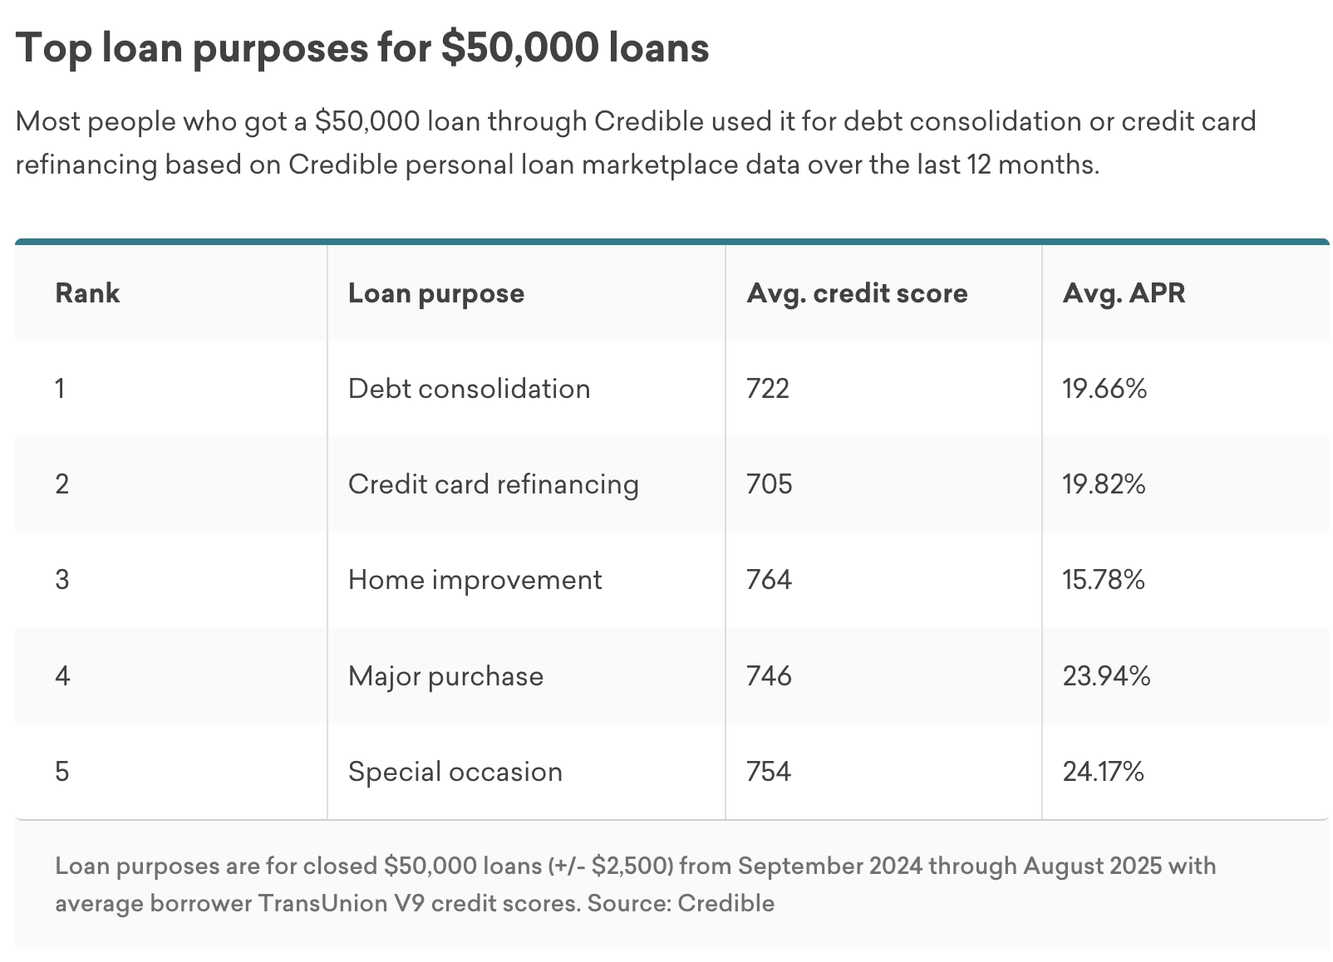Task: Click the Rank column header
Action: tap(87, 293)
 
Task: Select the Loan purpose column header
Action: tap(435, 293)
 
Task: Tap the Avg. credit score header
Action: tap(857, 293)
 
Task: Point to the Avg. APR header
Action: tap(1124, 293)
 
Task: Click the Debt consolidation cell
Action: tap(469, 389)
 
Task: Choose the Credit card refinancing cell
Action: tap(493, 484)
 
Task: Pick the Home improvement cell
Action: tap(475, 580)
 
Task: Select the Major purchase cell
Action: tap(445, 676)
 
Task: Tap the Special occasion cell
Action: tap(455, 772)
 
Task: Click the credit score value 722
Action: tap(768, 389)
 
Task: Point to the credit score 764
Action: tap(769, 580)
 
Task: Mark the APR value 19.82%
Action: tap(1104, 484)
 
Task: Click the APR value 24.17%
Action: tap(1103, 772)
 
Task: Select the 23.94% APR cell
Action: tap(1106, 676)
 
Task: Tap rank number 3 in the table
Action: tap(62, 580)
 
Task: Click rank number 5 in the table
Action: tap(62, 772)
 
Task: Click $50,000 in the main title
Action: tap(519, 47)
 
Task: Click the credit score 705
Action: tap(769, 484)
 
